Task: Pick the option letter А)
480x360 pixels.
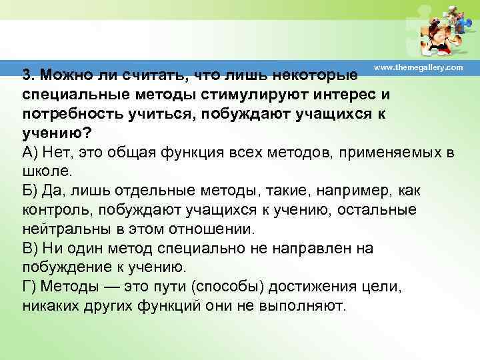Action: point(30,152)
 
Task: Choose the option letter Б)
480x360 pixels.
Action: point(30,191)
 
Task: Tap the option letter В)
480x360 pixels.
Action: point(30,249)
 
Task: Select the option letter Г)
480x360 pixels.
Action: point(29,287)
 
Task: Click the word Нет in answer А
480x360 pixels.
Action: point(57,152)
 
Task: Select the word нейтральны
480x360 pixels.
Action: point(64,230)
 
